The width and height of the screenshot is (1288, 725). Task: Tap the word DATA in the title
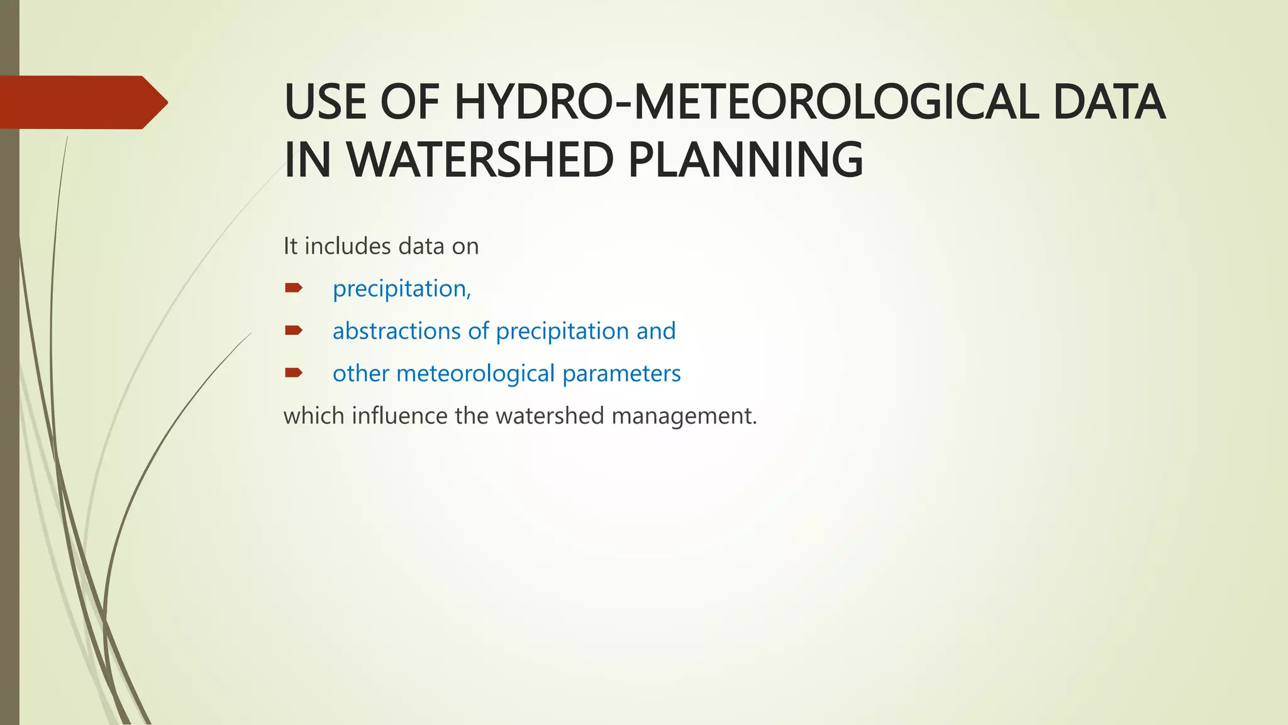tap(1109, 102)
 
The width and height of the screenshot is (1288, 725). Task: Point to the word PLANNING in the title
tap(746, 160)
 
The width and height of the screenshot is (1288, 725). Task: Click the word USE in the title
tap(325, 102)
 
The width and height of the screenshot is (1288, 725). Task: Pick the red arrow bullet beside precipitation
tap(294, 288)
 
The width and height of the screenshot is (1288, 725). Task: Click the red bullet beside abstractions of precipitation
tap(294, 330)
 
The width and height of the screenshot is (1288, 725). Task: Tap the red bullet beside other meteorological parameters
tap(294, 373)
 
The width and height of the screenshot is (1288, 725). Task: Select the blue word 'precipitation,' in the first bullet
tap(401, 289)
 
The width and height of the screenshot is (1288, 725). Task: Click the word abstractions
tap(397, 331)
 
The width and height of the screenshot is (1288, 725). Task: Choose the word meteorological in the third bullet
tap(475, 374)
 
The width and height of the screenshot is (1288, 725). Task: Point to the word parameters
tap(621, 374)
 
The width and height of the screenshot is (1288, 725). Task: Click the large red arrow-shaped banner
tap(82, 102)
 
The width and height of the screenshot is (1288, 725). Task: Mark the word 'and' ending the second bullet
tap(656, 331)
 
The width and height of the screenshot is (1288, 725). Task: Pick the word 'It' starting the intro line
tap(290, 246)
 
